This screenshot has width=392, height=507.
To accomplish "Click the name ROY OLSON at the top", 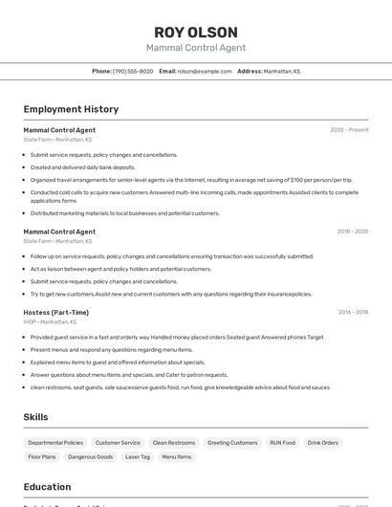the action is point(195,32).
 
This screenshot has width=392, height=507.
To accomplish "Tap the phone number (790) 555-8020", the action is point(133,71).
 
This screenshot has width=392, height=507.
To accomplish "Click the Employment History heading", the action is point(71,109).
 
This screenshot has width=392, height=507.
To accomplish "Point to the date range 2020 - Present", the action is point(349,130).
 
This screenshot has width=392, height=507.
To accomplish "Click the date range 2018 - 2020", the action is point(352,231).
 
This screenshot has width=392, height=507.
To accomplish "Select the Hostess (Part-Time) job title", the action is point(55,312).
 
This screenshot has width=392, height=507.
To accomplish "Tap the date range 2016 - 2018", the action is point(353,312).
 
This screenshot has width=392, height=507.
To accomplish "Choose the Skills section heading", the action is point(35,417).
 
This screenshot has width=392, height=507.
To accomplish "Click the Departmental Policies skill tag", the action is point(55,443).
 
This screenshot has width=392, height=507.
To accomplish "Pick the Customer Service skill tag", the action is point(118,443).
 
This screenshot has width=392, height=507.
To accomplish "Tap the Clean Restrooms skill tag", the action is point(174,443).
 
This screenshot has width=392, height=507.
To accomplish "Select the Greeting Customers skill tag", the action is point(232,443).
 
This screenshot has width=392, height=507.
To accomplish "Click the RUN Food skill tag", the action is point(282,443).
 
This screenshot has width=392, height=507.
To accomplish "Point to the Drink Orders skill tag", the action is point(323,443).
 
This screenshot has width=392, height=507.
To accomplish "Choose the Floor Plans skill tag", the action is point(42,457).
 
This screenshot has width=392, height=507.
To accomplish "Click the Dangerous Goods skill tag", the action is point(91,457).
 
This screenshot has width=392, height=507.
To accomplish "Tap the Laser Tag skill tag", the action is point(138,457).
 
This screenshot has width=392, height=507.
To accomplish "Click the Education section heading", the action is point(47,487).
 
